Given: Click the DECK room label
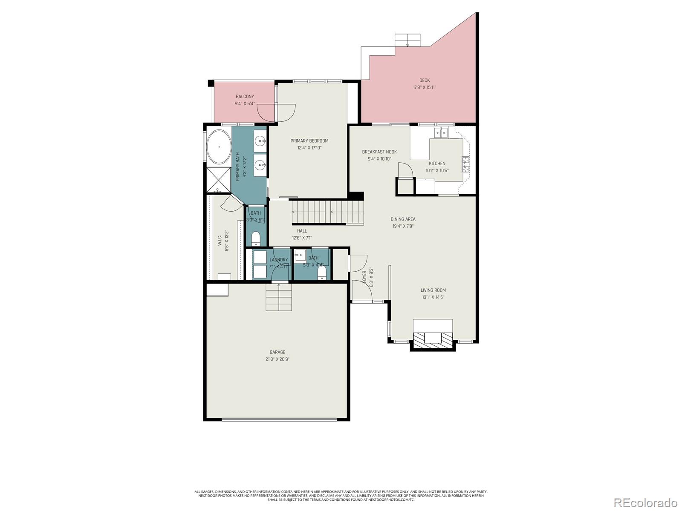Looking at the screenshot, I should (424, 80).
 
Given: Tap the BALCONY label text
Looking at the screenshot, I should (245, 97).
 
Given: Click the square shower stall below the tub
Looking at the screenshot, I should (219, 180).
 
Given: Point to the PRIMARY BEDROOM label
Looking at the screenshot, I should (309, 141).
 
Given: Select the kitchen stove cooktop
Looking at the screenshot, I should (465, 164).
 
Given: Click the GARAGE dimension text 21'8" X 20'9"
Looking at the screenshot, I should (277, 359).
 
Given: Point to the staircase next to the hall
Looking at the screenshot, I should (327, 212).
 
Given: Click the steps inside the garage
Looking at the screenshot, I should (279, 297).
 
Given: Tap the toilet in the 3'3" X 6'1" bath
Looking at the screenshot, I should (256, 238).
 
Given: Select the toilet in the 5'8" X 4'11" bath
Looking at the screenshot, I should (322, 272).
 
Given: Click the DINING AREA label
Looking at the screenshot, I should (403, 219).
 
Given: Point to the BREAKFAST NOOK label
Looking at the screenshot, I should (379, 152).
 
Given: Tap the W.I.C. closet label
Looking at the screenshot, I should (220, 241).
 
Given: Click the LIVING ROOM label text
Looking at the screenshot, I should (433, 290).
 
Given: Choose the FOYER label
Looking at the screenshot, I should (364, 277).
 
